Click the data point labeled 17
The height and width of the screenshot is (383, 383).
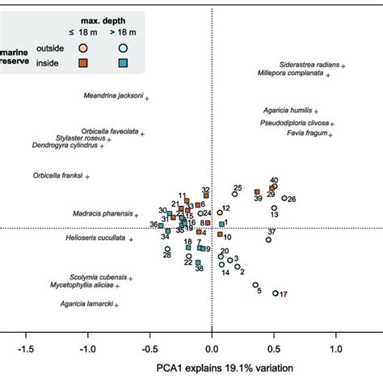click(x=276, y=293)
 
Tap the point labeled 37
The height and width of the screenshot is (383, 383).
click(x=268, y=240)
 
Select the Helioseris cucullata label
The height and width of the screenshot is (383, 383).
click(x=95, y=238)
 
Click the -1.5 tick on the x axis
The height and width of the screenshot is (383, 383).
click(x=26, y=350)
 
